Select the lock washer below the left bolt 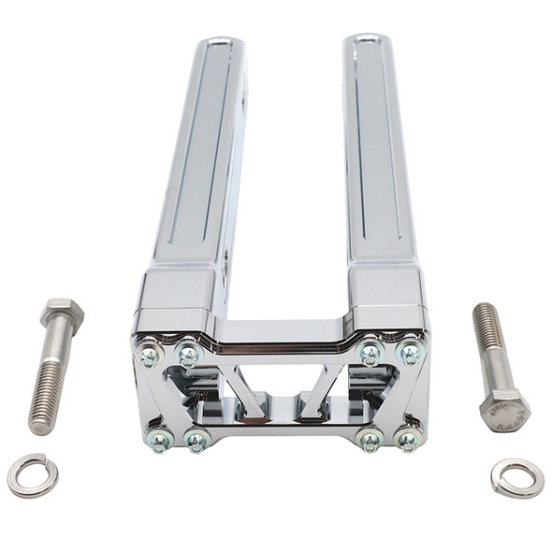(x=32, y=475)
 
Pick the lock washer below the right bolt (x=516, y=477)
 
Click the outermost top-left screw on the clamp (x=149, y=354)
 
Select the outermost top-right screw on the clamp (x=410, y=353)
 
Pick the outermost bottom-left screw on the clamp (x=160, y=439)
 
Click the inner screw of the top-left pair (x=188, y=354)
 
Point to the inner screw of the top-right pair (x=370, y=353)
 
